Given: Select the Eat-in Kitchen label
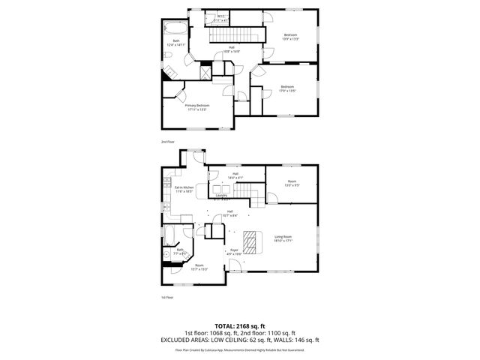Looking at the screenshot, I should click(x=184, y=189).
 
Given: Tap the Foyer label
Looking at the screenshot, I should click(x=234, y=251).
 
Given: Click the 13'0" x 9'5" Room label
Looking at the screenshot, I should click(x=292, y=182).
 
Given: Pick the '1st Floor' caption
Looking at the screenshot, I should click(x=166, y=297).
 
